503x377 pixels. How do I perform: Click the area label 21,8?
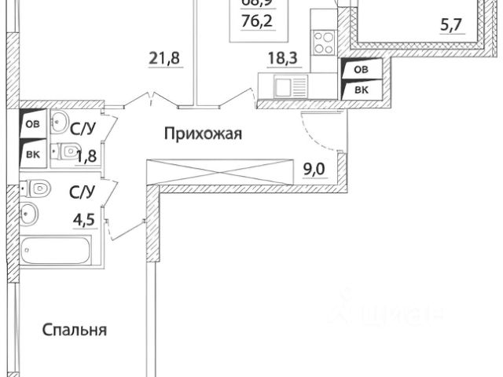pos(161,56)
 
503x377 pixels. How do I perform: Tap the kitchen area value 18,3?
pos(281,56)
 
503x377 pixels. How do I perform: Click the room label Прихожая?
pos(203,134)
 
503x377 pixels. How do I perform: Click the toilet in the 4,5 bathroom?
pos(39,188)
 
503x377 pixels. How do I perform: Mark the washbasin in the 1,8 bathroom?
pos(59,123)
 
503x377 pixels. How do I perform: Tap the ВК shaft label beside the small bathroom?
pos(31,153)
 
